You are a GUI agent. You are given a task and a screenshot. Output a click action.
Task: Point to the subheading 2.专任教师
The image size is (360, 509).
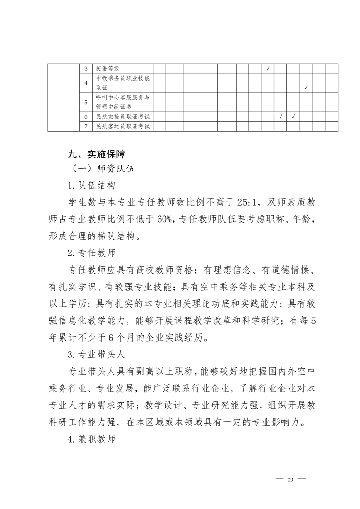pos(91,250)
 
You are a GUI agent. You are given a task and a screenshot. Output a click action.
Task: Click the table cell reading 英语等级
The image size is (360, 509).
pos(108,69)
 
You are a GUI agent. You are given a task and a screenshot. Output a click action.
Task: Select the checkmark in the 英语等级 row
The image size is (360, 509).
pos(268,69)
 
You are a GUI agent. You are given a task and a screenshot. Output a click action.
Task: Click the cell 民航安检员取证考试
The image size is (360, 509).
pos(123,117)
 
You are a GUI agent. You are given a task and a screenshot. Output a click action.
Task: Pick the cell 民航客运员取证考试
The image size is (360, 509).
pos(123,127)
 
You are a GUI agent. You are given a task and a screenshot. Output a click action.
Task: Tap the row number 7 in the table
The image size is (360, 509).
pos(86,127)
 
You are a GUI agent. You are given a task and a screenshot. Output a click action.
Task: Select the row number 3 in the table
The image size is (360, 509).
pos(86,69)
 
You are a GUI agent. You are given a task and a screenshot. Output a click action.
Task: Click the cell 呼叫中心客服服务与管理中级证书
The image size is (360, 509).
pos(123,102)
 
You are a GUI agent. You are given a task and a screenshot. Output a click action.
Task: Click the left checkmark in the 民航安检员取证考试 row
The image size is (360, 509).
pos(281,117)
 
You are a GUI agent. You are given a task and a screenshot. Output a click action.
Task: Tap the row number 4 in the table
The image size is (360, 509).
pos(86,83)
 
